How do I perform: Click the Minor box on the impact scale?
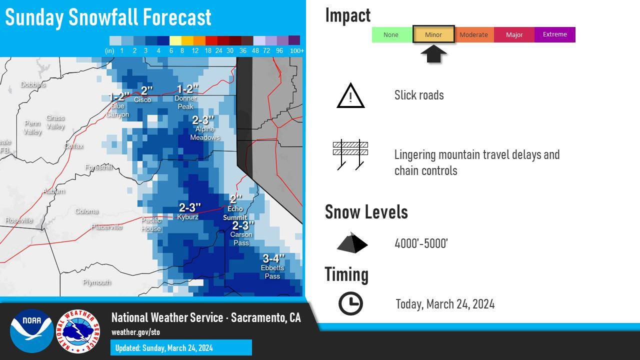click(433, 34)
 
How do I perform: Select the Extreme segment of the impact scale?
click(555, 34)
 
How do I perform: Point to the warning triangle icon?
click(350, 95)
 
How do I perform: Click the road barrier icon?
click(350, 154)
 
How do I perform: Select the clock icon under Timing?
click(350, 303)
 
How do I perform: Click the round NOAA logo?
click(31, 331)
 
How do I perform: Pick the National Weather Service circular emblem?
click(77, 331)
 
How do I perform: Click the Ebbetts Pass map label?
click(272, 272)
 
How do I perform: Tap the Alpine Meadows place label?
click(205, 133)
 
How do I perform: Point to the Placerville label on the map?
click(106, 227)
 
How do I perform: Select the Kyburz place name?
click(187, 217)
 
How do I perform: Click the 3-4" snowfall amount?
click(273, 258)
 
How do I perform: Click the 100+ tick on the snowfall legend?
click(297, 51)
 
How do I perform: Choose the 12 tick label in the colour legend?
click(195, 51)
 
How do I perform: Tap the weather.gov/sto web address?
click(135, 332)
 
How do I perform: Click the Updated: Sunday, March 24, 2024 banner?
click(181, 347)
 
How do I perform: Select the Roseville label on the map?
click(19, 220)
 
